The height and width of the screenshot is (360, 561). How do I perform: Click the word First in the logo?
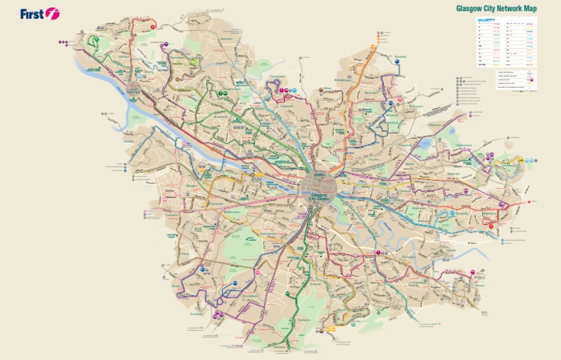click(x=32, y=13)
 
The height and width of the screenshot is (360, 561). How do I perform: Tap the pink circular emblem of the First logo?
click(x=52, y=13)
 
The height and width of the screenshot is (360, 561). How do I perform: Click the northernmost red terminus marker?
click(x=153, y=26)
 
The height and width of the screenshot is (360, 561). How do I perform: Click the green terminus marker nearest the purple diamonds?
click(x=95, y=39)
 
